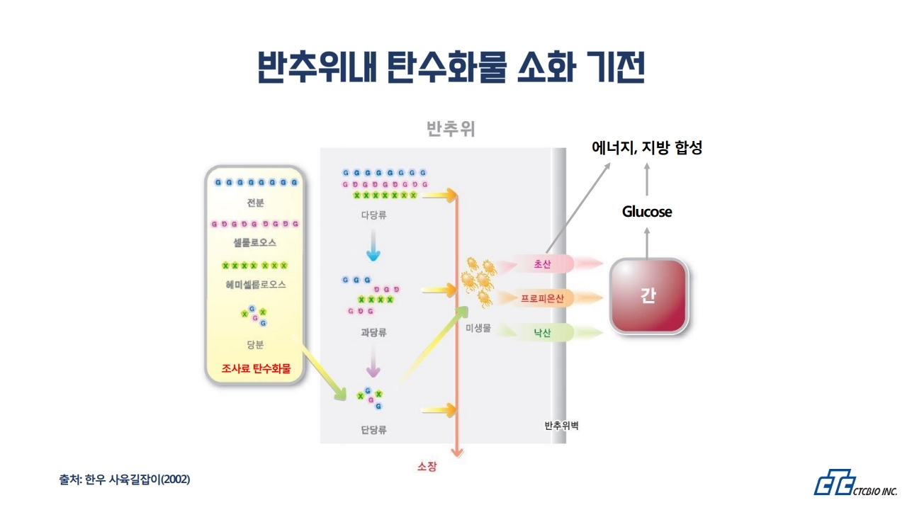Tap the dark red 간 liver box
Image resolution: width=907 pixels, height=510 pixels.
(648, 296)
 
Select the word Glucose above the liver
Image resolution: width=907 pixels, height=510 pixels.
(646, 212)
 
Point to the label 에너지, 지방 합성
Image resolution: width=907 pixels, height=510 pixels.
(646, 148)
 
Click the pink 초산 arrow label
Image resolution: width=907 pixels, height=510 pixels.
(542, 264)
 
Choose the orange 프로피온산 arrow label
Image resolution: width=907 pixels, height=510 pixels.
(542, 298)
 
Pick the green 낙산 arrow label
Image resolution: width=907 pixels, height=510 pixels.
(542, 331)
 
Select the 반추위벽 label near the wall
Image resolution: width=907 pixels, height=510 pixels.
(561, 425)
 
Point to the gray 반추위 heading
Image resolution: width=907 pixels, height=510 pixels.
(451, 130)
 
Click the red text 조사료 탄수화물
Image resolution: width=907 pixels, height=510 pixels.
(257, 368)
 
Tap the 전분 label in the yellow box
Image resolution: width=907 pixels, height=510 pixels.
(255, 203)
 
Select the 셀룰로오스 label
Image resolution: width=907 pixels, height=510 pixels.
(255, 242)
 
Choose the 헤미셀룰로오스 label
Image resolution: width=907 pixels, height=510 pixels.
(255, 284)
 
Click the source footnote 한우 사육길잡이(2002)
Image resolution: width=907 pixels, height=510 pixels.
(125, 479)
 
